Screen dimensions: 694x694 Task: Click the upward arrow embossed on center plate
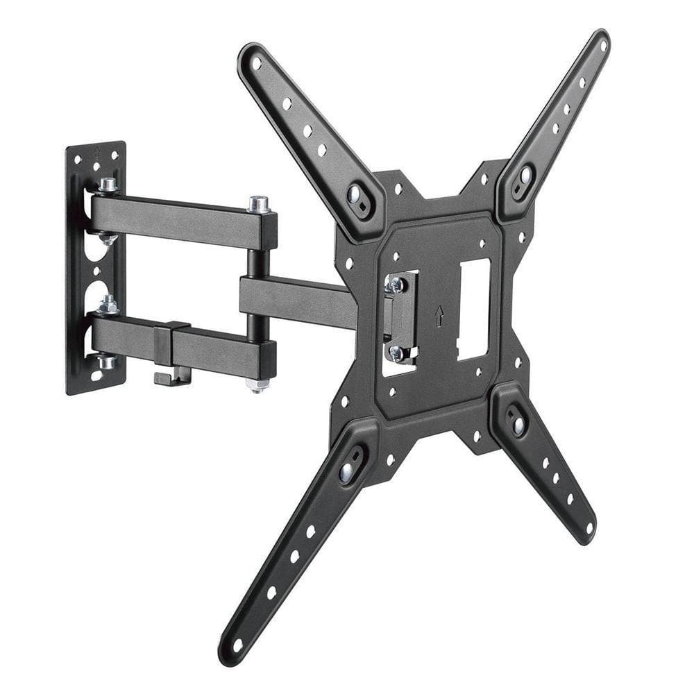pos(439,316)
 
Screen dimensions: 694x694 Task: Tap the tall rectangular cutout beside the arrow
pos(474,309)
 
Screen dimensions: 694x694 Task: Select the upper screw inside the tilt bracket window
pos(397,284)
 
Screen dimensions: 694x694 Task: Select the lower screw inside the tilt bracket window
pos(396,353)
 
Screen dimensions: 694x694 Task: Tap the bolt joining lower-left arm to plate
pos(346,472)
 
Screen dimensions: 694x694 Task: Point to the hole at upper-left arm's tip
pos(256,63)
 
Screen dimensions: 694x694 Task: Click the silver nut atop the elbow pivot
pos(259,204)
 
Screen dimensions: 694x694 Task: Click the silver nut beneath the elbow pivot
pos(257,384)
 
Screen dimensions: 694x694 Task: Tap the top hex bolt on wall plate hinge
pos(108,185)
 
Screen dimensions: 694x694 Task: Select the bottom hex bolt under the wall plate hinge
pos(107,362)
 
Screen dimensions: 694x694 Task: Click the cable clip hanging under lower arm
pos(169,378)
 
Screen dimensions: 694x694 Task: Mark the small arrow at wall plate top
pos(97,150)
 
